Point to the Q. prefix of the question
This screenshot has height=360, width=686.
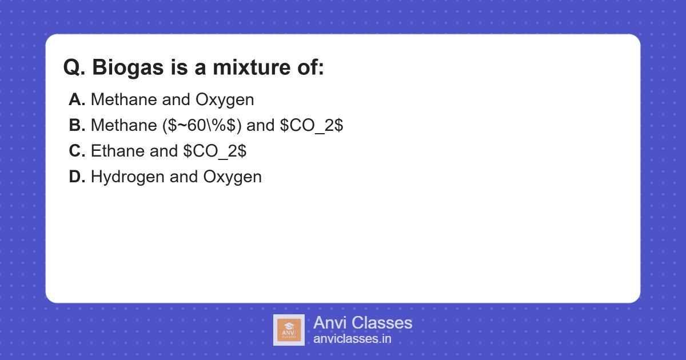point(74,68)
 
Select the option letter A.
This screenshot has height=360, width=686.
point(77,100)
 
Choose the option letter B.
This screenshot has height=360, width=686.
point(77,126)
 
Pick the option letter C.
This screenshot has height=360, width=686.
point(77,151)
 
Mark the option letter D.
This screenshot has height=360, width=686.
point(77,177)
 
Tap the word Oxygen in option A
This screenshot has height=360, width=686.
point(225,100)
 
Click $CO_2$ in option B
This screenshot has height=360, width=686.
point(312,126)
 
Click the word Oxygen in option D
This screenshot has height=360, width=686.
point(233,177)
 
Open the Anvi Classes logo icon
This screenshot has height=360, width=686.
point(289,330)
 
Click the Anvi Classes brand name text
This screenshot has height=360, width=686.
point(362,323)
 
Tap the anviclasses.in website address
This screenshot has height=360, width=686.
point(352,339)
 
